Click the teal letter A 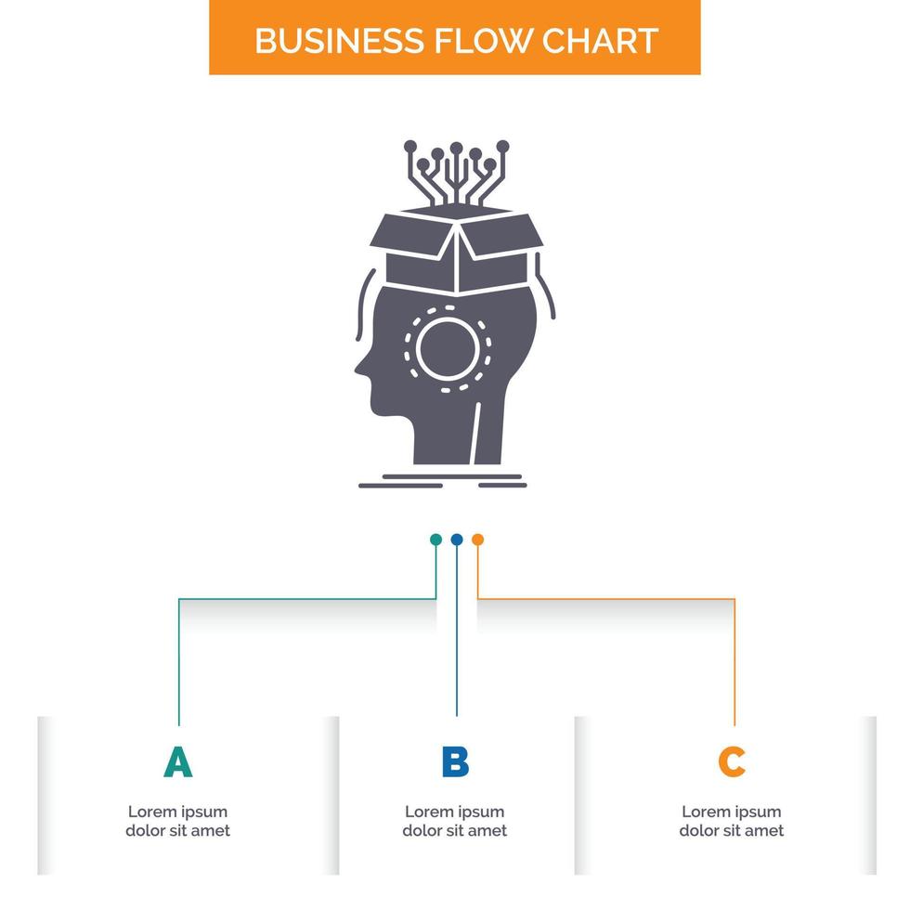(177, 762)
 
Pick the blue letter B (455, 762)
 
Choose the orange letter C (732, 762)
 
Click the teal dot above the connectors (435, 539)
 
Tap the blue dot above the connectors (456, 539)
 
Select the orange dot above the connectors (477, 539)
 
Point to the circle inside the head (448, 346)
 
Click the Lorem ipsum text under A (177, 821)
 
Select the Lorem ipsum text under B (455, 821)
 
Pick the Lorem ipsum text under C (732, 821)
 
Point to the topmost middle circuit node (456, 147)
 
